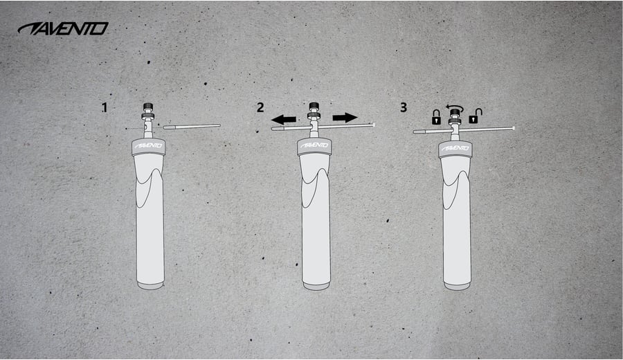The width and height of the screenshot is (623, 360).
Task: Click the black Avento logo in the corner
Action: (x=63, y=28)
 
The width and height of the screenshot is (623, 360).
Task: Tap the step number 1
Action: (x=105, y=108)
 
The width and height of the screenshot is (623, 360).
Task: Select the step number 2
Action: (x=260, y=107)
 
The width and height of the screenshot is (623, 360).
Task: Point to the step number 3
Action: (x=404, y=107)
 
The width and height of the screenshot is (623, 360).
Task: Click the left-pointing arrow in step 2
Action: (x=284, y=119)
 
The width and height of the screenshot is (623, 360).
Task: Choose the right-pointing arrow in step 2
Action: (x=345, y=118)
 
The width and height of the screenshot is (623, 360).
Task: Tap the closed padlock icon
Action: (x=436, y=117)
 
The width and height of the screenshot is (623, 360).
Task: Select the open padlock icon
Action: (x=475, y=116)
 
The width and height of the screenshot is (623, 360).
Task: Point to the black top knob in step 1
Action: (x=148, y=107)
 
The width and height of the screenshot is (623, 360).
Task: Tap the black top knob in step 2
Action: (x=314, y=107)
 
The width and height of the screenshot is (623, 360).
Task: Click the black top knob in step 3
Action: (x=455, y=113)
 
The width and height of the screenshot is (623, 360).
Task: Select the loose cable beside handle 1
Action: (x=192, y=127)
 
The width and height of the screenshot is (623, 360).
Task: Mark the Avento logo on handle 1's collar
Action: (x=149, y=146)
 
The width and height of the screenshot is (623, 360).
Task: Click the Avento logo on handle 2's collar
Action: (x=314, y=145)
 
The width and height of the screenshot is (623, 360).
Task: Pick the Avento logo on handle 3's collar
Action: (x=455, y=148)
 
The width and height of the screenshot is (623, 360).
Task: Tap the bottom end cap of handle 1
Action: (x=150, y=285)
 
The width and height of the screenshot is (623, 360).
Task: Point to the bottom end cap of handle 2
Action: (x=316, y=286)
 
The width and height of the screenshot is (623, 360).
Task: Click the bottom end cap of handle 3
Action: (x=458, y=286)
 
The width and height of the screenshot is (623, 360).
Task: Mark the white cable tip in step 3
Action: (x=514, y=128)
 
